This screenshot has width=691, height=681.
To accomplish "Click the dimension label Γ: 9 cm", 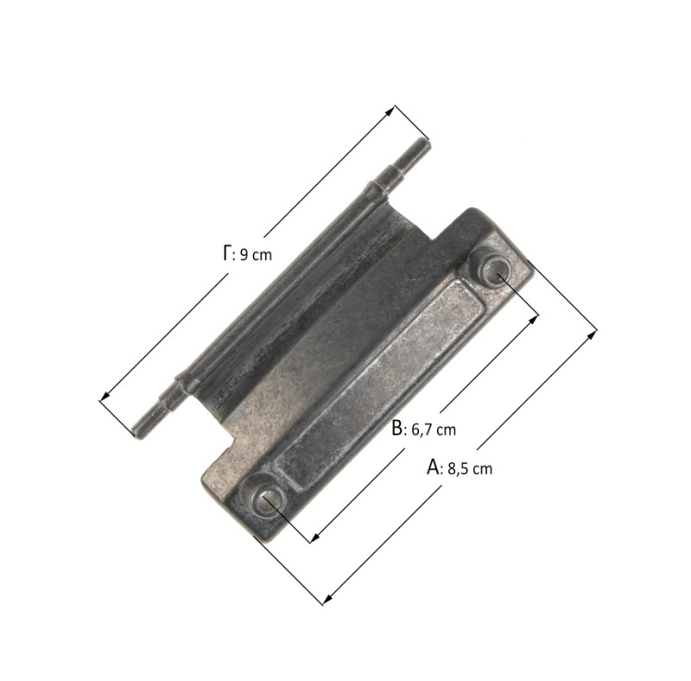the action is [247, 253].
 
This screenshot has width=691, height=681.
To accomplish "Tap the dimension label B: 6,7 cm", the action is [424, 429].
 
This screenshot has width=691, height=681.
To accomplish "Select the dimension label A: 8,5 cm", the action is [460, 468].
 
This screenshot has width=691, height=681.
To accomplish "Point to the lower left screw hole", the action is [265, 499].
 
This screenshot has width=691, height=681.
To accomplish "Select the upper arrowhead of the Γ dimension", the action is [390, 111].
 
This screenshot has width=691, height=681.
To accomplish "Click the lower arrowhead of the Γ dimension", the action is [104, 396].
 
